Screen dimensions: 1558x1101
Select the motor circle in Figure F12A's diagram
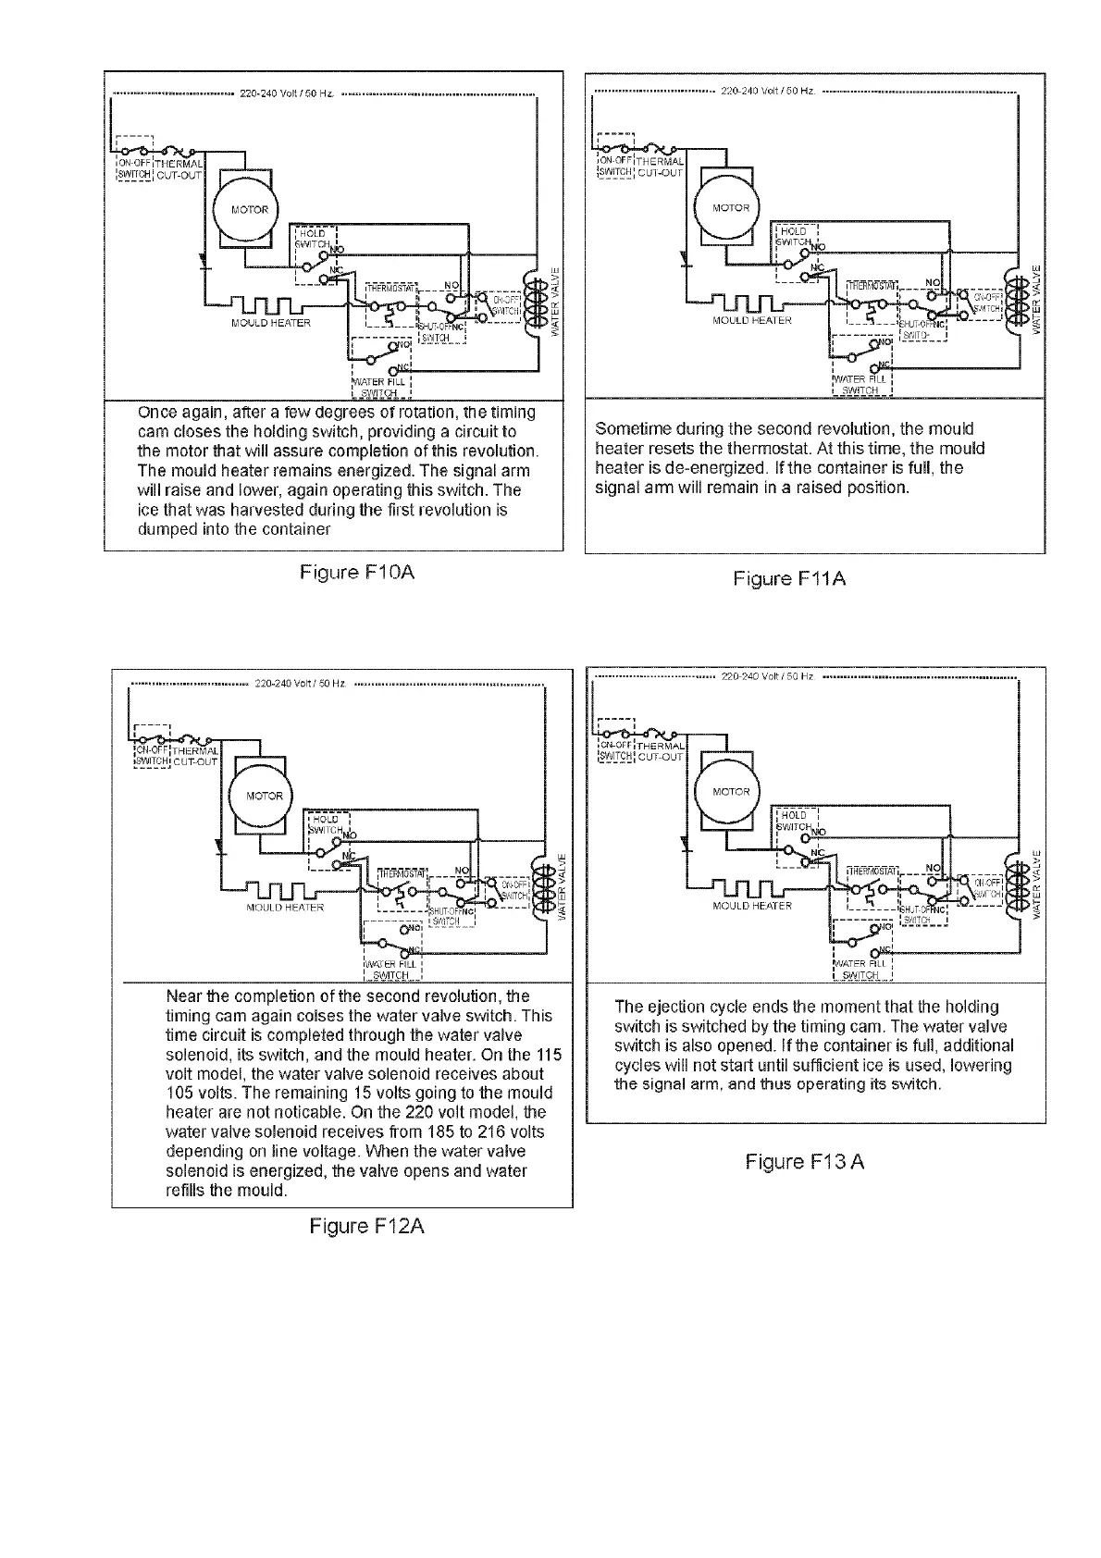tap(264, 796)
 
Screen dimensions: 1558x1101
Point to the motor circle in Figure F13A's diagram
tap(731, 792)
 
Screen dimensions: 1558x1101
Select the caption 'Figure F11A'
tap(789, 579)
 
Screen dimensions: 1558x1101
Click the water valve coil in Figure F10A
tap(536, 306)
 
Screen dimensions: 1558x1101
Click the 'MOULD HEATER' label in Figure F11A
tap(751, 320)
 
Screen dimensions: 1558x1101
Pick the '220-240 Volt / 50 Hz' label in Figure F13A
tap(766, 677)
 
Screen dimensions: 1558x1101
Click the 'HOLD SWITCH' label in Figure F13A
tap(794, 821)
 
